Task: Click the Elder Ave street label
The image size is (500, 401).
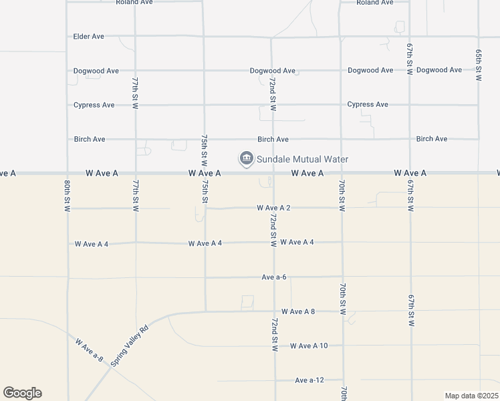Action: click(x=89, y=36)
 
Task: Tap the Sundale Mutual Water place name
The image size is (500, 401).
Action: click(x=303, y=159)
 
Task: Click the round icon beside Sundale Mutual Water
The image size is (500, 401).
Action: click(x=246, y=158)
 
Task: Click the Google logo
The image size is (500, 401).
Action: click(x=22, y=393)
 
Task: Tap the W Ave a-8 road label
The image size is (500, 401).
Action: click(x=89, y=350)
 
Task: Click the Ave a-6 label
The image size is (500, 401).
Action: click(x=274, y=277)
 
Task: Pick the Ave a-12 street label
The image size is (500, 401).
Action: click(x=309, y=380)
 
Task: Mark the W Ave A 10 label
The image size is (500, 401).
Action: click(x=309, y=346)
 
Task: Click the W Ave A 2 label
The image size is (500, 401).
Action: click(x=273, y=208)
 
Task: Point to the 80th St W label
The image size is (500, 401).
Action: click(x=68, y=196)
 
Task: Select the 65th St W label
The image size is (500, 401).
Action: click(x=479, y=65)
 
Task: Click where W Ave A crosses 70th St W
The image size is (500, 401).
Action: click(x=342, y=172)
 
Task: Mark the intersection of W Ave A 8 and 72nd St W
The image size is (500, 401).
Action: click(x=274, y=311)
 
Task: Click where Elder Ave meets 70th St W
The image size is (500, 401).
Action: click(x=340, y=36)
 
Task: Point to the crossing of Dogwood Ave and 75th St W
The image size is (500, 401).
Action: click(x=204, y=70)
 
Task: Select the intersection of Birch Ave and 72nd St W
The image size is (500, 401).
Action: click(x=273, y=139)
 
